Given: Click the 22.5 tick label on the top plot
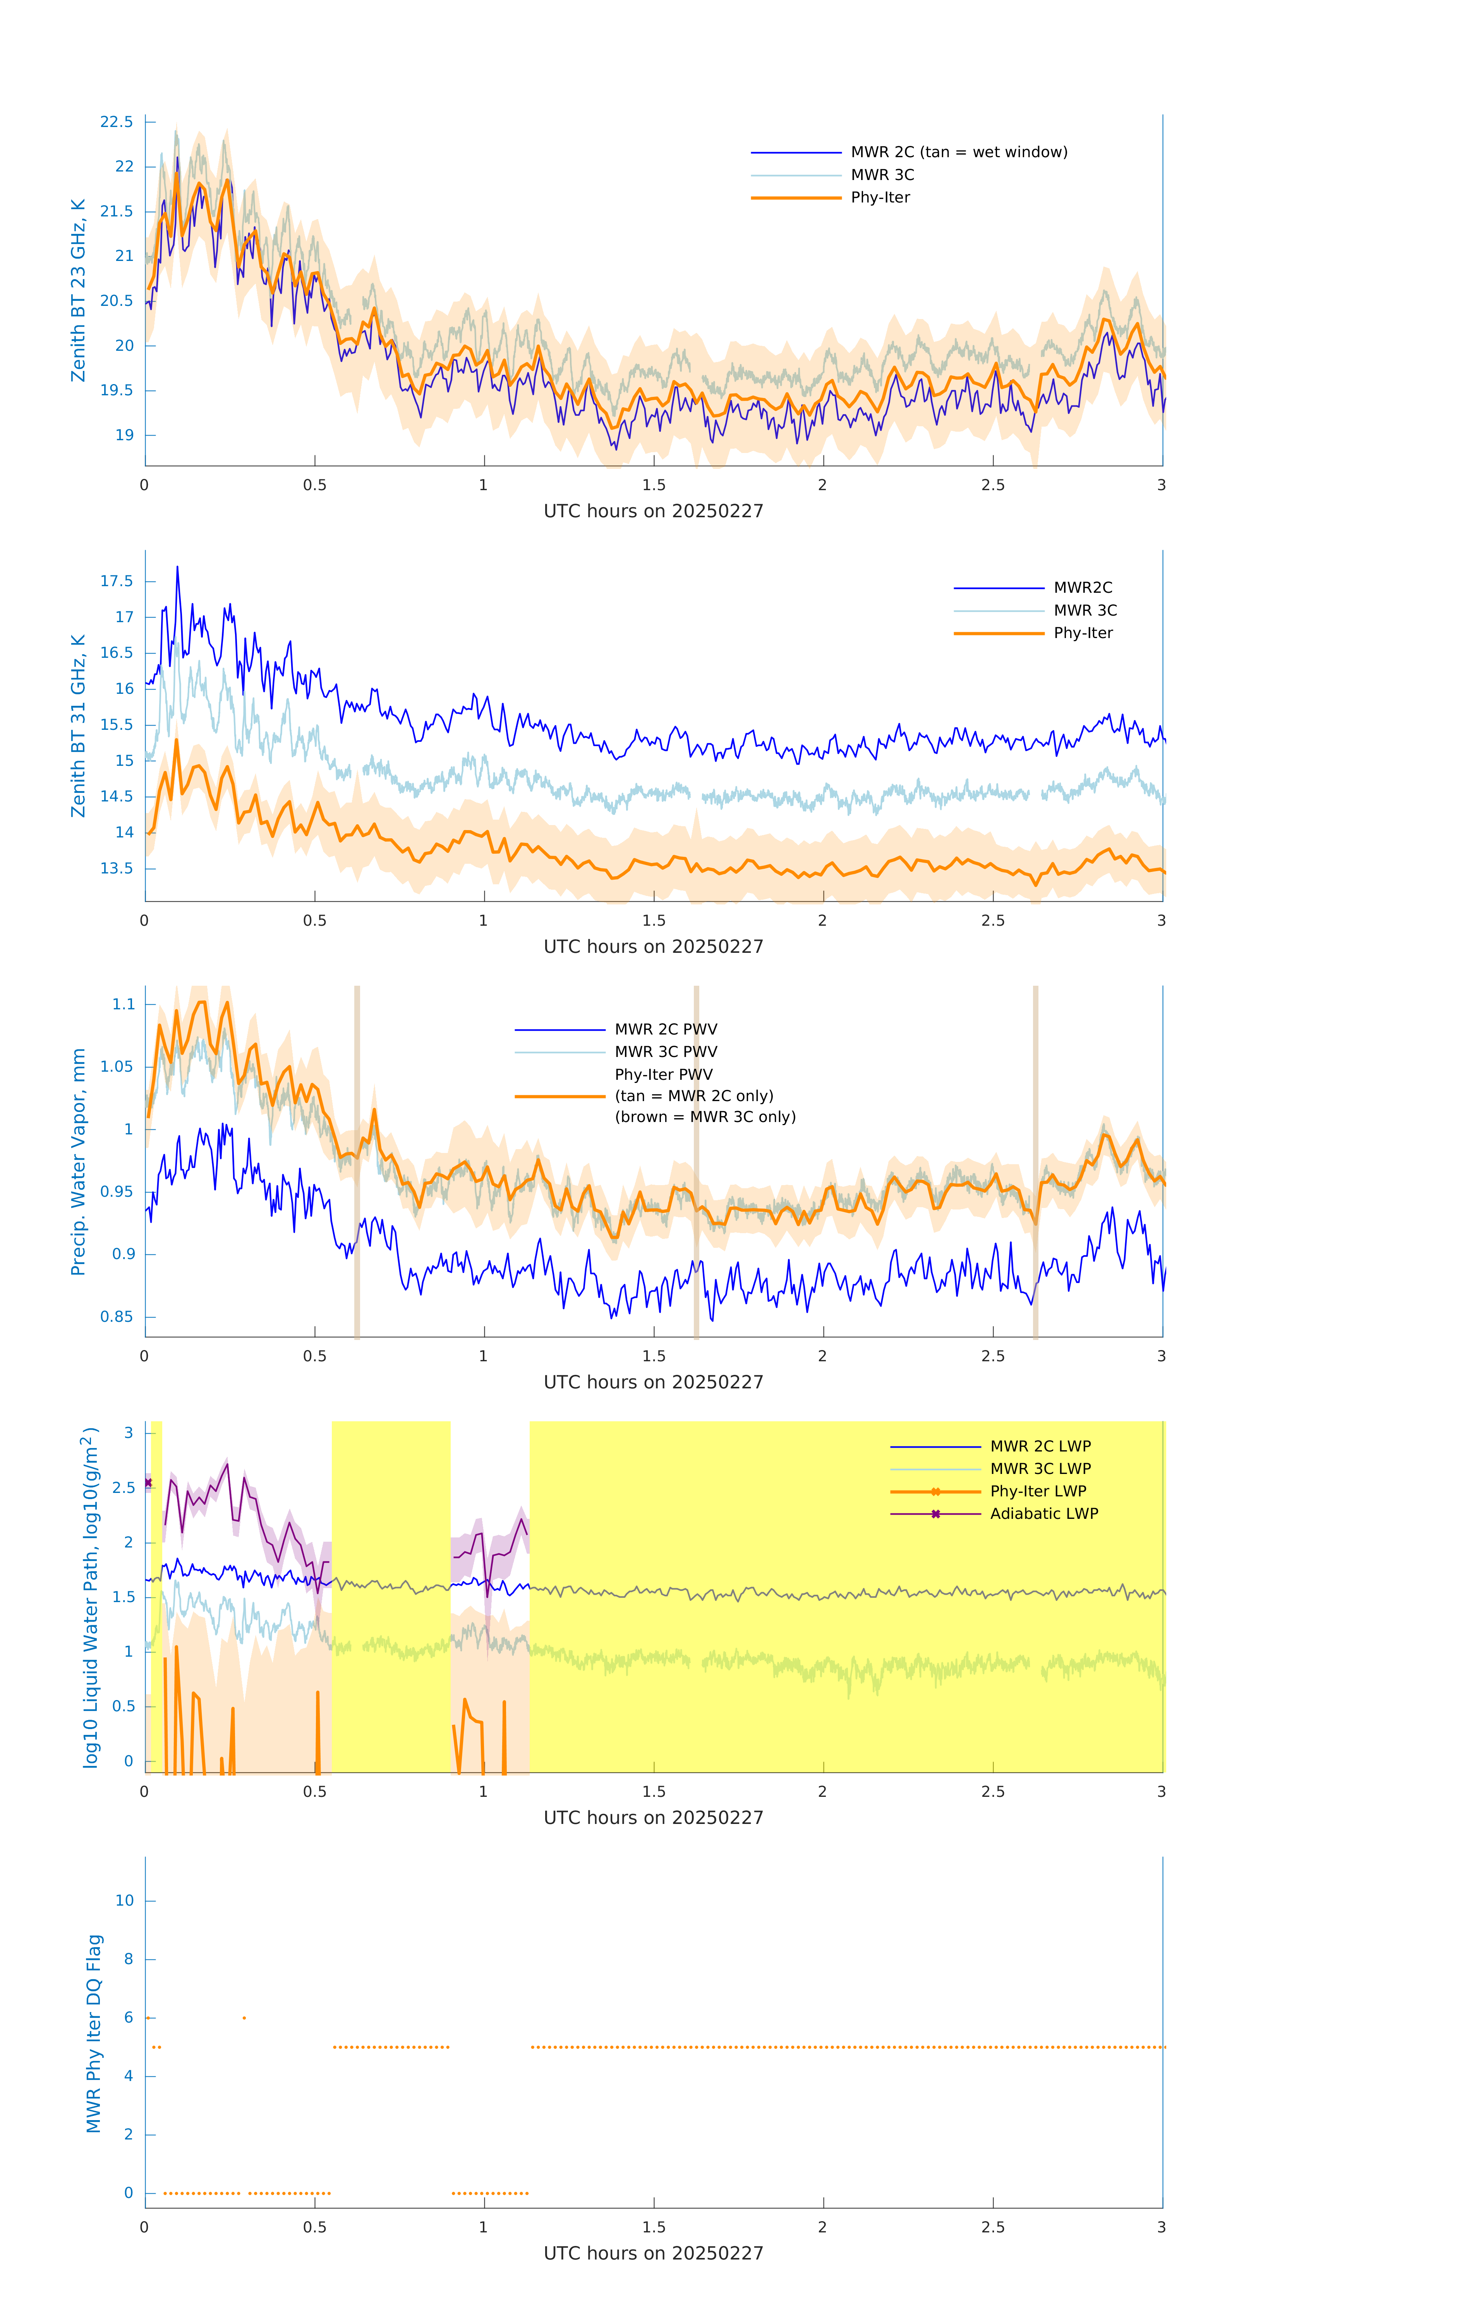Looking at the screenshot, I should (117, 122).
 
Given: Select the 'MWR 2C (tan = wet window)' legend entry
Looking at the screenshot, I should (958, 153).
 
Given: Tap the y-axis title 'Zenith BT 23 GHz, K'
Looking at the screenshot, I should (78, 290).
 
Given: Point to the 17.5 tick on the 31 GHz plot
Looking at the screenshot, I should (117, 581).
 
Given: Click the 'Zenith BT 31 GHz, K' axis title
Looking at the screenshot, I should (78, 726).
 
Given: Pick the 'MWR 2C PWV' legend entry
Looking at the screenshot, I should (666, 1029).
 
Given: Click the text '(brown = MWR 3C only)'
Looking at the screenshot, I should (705, 1117).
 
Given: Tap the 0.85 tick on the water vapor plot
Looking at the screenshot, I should (117, 1317).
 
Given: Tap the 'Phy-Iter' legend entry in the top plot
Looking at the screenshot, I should (880, 198).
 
